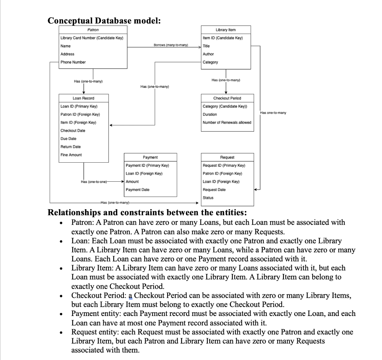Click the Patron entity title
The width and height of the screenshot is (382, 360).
click(x=93, y=29)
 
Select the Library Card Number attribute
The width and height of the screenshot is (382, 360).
click(x=92, y=38)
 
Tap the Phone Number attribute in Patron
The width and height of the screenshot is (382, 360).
click(x=73, y=62)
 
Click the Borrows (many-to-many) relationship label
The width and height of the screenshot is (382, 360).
click(x=171, y=46)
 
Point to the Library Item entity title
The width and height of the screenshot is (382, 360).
click(x=226, y=30)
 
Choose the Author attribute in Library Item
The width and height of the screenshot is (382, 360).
click(x=208, y=54)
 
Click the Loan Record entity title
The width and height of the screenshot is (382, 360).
click(x=84, y=98)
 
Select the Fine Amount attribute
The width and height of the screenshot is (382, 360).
click(x=71, y=155)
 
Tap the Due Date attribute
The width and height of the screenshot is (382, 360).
click(x=68, y=139)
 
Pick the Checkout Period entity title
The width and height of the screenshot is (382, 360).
click(x=227, y=98)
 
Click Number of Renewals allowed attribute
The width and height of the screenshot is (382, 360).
click(x=227, y=122)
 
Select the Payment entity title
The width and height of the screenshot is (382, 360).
click(x=150, y=157)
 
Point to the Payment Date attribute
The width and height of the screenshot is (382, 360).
click(x=138, y=190)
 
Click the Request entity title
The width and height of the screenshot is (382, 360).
click(x=227, y=157)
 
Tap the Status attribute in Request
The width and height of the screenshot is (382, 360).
click(x=208, y=198)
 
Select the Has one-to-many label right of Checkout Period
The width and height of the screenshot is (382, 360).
click(x=273, y=112)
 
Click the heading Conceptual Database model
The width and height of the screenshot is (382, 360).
click(x=104, y=21)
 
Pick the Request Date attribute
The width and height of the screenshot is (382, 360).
click(x=214, y=190)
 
